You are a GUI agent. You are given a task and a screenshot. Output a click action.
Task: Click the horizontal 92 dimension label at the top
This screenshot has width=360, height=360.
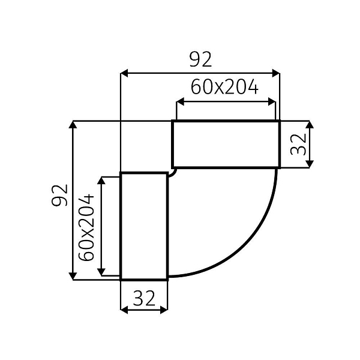point(200,59)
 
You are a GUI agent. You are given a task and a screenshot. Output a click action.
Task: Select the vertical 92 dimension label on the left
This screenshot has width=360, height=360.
point(59,195)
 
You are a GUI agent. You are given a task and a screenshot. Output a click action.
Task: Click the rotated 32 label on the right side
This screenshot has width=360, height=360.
point(298,144)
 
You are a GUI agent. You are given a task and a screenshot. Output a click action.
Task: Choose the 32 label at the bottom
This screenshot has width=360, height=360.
point(144,297)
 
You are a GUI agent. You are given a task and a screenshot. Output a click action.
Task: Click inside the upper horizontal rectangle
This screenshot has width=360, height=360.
point(226,144)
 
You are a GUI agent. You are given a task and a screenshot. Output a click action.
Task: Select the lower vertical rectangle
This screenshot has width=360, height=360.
point(144,226)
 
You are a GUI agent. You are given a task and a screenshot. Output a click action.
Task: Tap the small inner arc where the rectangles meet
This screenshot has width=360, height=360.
point(173,173)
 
